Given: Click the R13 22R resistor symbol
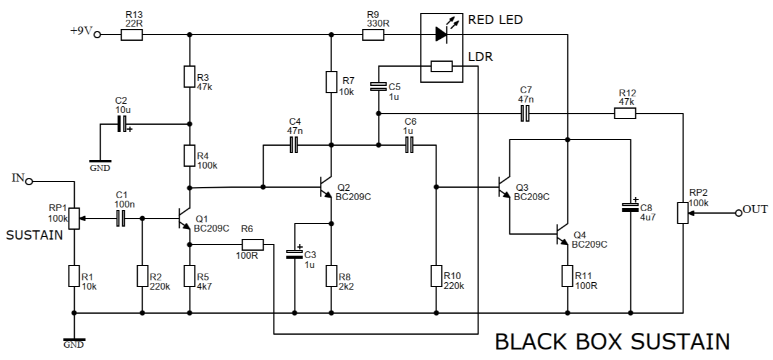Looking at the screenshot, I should (132, 35).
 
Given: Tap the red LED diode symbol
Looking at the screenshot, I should (441, 35).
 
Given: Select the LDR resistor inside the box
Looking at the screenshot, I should (441, 66).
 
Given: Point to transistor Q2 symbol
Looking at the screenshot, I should (327, 187).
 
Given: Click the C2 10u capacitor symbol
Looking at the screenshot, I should (123, 124).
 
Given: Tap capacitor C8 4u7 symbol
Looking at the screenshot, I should (630, 207).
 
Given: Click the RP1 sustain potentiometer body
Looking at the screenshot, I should (74, 218).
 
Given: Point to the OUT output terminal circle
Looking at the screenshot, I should (738, 213).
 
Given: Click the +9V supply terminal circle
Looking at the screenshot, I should (97, 35).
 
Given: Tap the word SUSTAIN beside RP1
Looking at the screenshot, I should (35, 235).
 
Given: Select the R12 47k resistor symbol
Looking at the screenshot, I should (625, 114).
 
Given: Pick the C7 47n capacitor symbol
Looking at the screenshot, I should (525, 114).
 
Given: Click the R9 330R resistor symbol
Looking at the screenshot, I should (373, 35).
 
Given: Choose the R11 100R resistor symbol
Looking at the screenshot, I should (567, 275).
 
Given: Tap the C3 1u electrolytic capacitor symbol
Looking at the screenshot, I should (295, 253).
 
